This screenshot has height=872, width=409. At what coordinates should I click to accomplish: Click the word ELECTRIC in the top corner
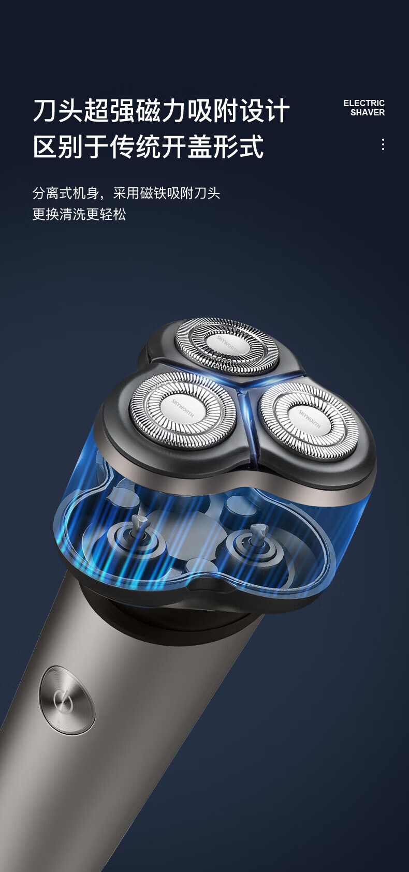pos(364,103)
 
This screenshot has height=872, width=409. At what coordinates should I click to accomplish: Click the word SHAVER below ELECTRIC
pos(367,112)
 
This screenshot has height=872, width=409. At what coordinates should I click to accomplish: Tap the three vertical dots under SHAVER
pos(383,144)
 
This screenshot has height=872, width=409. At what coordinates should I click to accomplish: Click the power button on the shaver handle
pos(67,700)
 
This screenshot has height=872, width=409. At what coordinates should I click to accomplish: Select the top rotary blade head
pos(227,345)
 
